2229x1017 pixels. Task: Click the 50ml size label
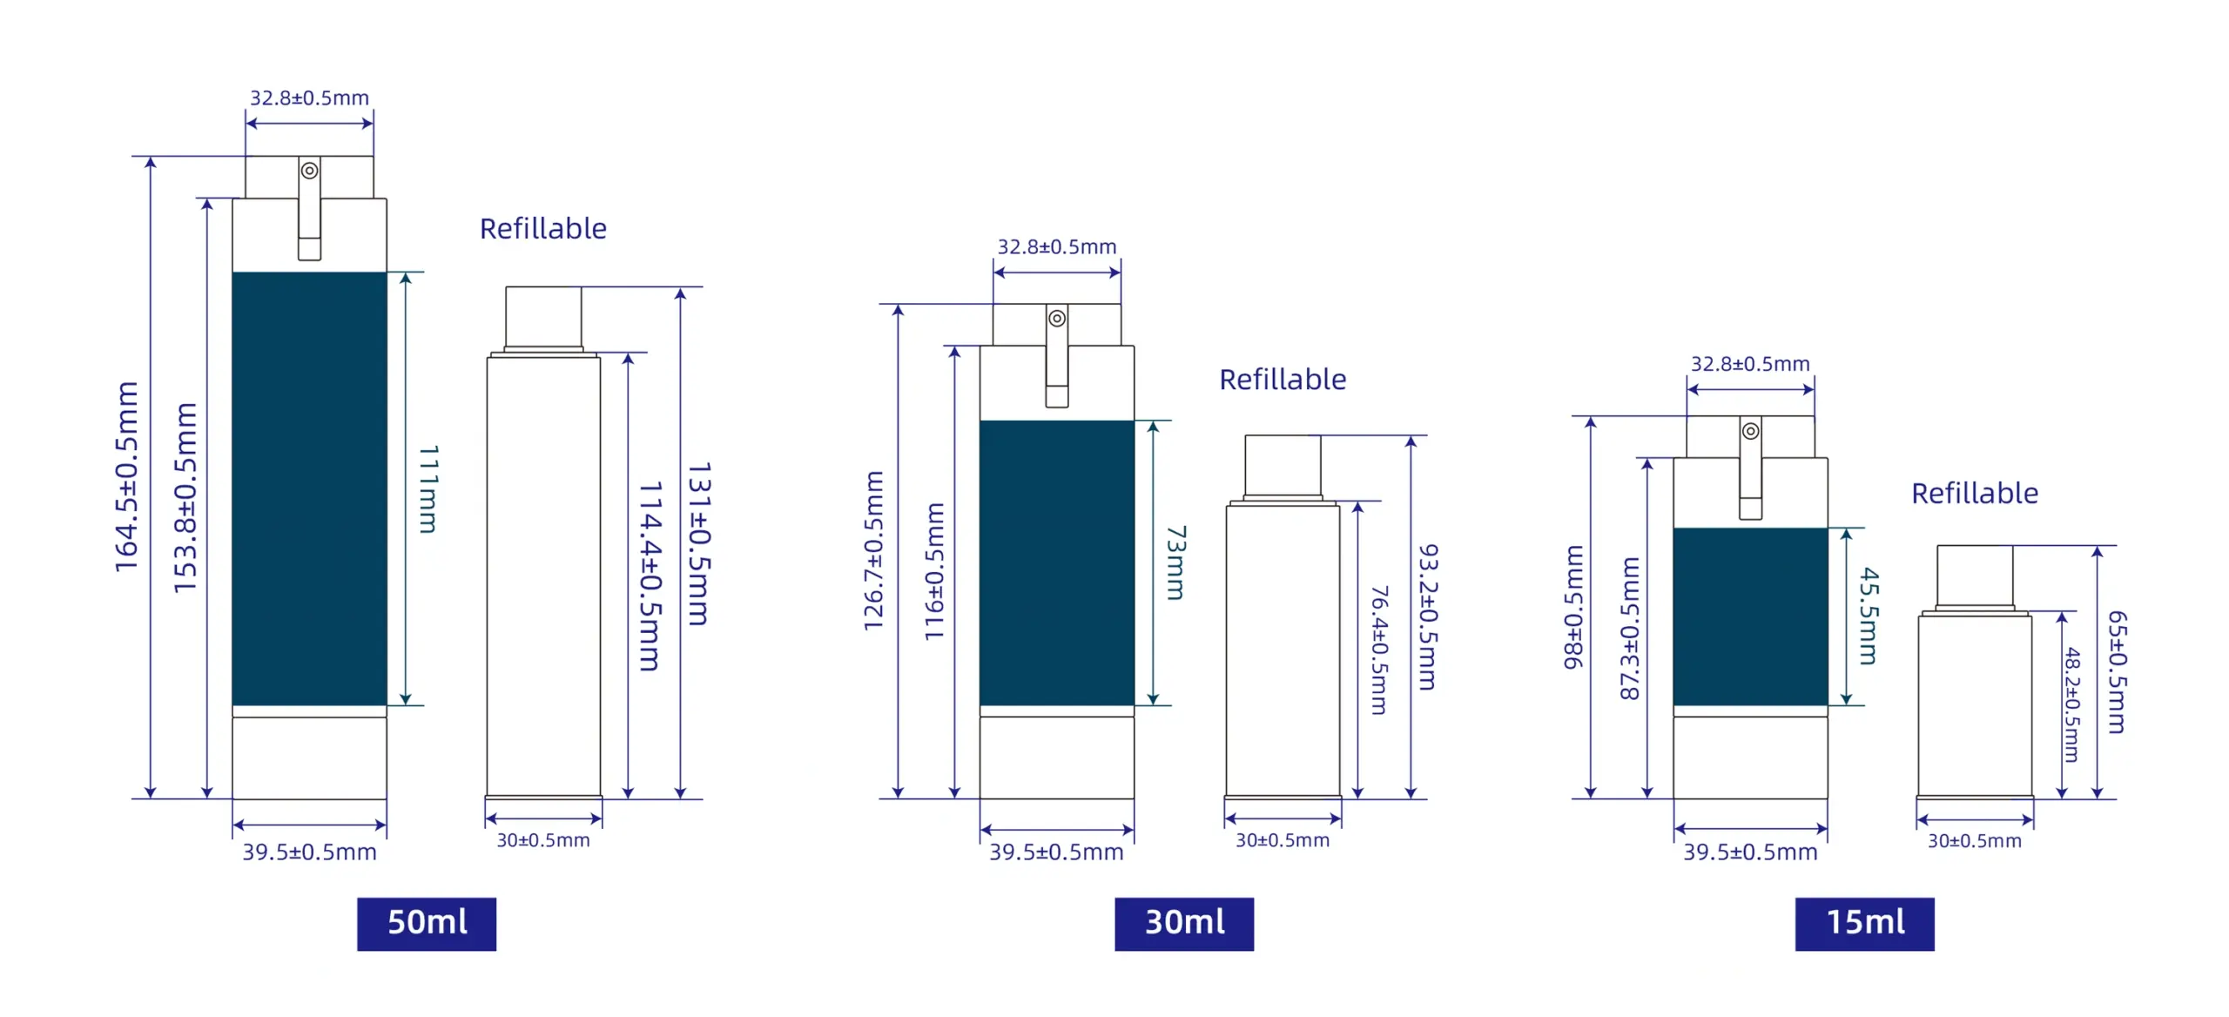click(x=427, y=924)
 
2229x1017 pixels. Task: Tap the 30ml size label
click(x=1184, y=924)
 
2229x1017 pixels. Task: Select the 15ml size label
click(x=1864, y=924)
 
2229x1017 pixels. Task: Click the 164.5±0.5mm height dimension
click(x=127, y=477)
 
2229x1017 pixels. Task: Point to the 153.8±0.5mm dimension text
click(x=186, y=498)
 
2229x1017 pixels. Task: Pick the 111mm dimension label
click(x=428, y=488)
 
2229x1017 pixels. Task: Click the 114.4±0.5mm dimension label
click(x=650, y=576)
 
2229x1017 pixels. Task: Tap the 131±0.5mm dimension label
click(x=699, y=544)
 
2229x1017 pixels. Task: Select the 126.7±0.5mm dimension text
click(x=874, y=551)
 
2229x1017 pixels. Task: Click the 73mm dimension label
click(x=1175, y=562)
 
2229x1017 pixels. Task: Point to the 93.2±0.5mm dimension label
click(x=1428, y=617)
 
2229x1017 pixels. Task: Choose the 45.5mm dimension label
click(x=1869, y=616)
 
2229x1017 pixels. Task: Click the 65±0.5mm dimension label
click(x=2117, y=672)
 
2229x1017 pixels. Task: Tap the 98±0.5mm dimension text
click(x=1573, y=607)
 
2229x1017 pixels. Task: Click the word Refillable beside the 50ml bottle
click(x=543, y=229)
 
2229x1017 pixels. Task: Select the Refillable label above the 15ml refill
click(x=1975, y=494)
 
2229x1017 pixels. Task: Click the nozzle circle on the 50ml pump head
click(x=309, y=171)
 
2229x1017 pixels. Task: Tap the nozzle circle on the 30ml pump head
click(x=1057, y=319)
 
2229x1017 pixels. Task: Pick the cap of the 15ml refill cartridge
click(x=1975, y=576)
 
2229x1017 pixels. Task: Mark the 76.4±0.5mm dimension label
click(x=1379, y=650)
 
